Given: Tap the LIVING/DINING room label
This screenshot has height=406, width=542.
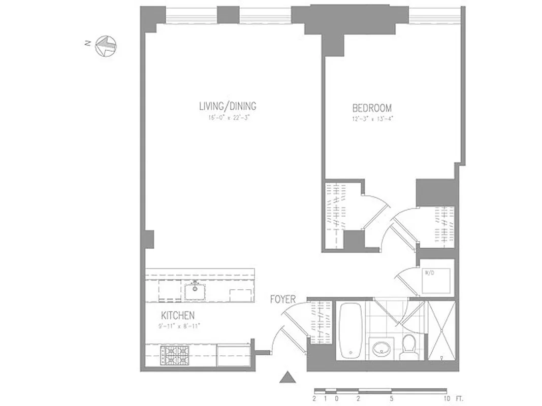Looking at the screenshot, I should coord(228,107).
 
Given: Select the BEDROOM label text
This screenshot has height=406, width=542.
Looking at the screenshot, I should coord(372,108).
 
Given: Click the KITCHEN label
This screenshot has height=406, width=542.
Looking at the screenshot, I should coord(178,315).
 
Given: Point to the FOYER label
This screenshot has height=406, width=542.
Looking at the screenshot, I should coord(282,300).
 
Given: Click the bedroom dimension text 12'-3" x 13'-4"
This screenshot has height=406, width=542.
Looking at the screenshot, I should coord(372,119).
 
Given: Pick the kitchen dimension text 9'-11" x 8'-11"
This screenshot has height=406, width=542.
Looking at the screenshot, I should coord(179,326).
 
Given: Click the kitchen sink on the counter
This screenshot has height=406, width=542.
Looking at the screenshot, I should coord(195,291).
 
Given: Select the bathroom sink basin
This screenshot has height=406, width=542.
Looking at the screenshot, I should coord(379,349).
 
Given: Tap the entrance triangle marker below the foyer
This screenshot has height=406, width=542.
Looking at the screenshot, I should coord(288,378).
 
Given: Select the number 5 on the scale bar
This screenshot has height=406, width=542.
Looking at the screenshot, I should coord(391,398).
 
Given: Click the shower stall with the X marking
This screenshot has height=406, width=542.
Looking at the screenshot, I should coord(441,330).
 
